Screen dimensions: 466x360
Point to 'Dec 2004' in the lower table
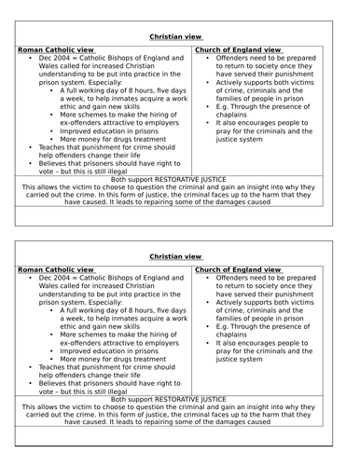coord(55,279)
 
